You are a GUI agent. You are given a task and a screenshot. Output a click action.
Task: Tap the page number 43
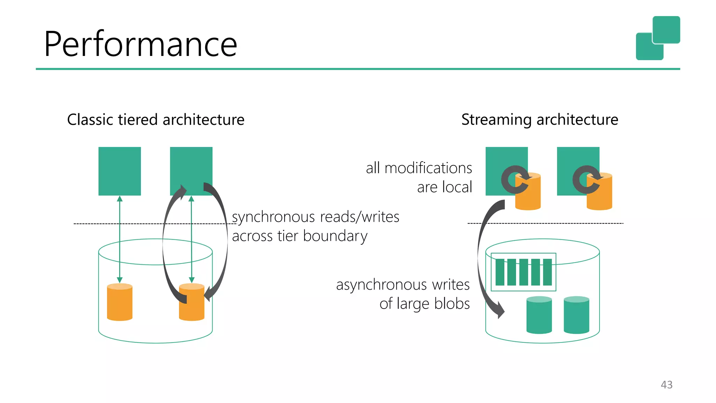[x=666, y=385]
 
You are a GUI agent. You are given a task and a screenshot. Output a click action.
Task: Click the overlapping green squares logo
[x=658, y=38]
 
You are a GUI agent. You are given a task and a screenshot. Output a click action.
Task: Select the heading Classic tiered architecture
[x=156, y=120]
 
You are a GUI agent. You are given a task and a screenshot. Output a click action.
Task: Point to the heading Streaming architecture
[x=539, y=120]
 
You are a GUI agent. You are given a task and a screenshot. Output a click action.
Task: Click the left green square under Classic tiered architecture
[x=120, y=171]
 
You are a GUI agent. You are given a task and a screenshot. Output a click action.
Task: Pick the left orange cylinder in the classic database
[x=120, y=302]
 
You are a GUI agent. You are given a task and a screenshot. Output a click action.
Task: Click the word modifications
[x=428, y=168]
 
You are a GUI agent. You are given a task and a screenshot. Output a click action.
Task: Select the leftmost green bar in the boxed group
[x=500, y=272]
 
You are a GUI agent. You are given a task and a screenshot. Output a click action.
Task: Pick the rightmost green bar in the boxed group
[x=547, y=272]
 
